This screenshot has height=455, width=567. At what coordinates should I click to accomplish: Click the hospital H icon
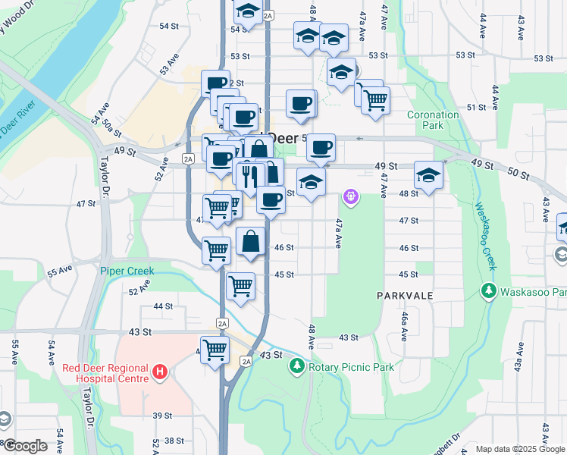[160, 372]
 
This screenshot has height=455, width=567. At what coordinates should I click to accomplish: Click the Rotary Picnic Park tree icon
[296, 367]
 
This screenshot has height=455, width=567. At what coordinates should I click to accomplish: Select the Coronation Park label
[433, 120]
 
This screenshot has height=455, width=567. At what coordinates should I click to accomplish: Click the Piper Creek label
[127, 271]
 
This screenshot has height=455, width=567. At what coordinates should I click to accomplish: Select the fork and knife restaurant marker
[249, 177]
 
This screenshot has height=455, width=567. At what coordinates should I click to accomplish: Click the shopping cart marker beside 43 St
[215, 350]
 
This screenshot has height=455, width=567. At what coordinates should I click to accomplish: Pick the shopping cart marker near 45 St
[241, 286]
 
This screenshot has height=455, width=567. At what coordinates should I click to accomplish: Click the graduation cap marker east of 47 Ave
[428, 176]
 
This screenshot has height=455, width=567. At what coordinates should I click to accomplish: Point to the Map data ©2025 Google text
[520, 449]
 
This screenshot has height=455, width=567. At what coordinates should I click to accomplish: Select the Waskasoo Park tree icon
[489, 291]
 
